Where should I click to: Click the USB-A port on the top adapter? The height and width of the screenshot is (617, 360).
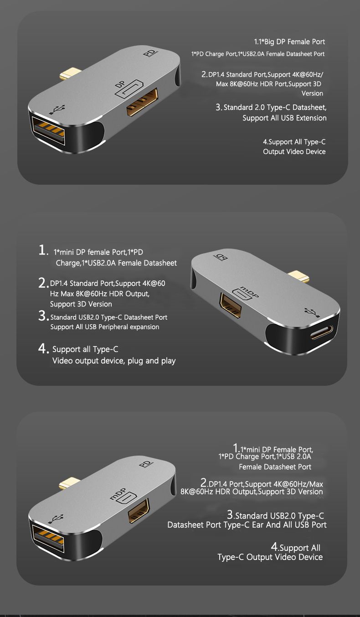[48, 130]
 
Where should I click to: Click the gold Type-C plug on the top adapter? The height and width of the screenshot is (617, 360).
[71, 73]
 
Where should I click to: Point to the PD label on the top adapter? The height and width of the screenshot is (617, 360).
[150, 52]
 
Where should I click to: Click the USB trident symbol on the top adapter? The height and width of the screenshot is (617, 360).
[57, 109]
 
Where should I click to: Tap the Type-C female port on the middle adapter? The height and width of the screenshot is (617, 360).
[321, 332]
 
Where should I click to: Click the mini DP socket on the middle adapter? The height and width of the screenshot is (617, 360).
[231, 305]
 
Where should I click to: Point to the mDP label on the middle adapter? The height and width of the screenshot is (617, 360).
[249, 291]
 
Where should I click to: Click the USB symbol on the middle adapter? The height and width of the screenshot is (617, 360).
[312, 312]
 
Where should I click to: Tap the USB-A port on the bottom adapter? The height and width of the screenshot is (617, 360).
[48, 539]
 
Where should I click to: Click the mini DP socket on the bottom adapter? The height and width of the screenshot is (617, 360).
[139, 510]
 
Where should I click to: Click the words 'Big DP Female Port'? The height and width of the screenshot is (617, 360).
[295, 42]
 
